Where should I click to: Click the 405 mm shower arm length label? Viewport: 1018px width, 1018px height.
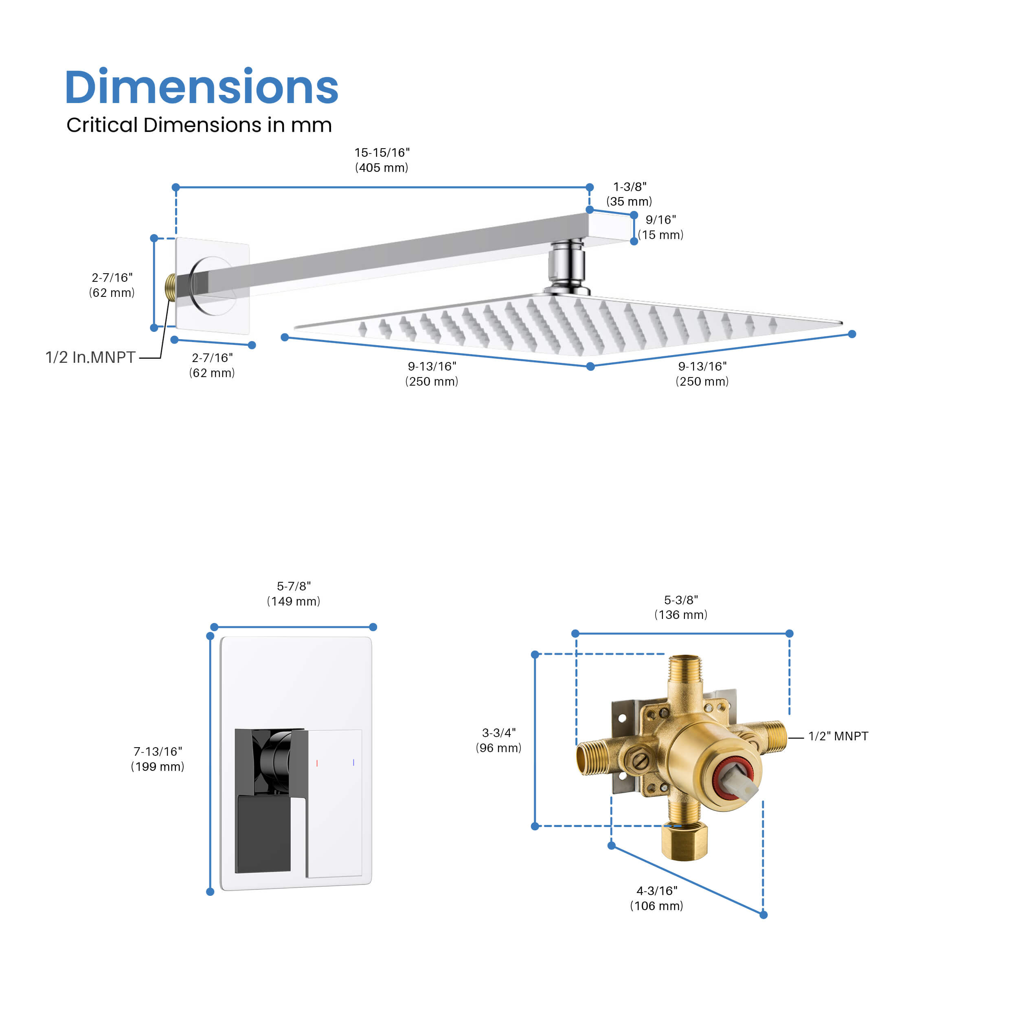(x=382, y=160)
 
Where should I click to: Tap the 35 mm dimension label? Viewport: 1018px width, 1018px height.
(x=629, y=194)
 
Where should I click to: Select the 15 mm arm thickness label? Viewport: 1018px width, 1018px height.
(x=661, y=227)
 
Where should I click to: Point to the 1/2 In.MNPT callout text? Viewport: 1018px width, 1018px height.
(x=91, y=357)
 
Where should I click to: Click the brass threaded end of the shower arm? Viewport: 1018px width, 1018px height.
(x=170, y=287)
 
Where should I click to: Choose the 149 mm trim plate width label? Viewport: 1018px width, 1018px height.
(x=294, y=593)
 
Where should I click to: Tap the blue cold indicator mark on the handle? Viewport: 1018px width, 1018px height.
(x=353, y=762)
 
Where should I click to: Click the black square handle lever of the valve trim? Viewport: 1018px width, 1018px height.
(x=263, y=834)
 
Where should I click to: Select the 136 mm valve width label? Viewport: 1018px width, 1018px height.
(x=681, y=607)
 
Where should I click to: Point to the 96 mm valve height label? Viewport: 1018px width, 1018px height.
(x=498, y=740)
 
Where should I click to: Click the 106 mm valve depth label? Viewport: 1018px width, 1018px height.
(x=656, y=898)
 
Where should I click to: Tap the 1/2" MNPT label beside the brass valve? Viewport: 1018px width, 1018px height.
(x=838, y=736)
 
